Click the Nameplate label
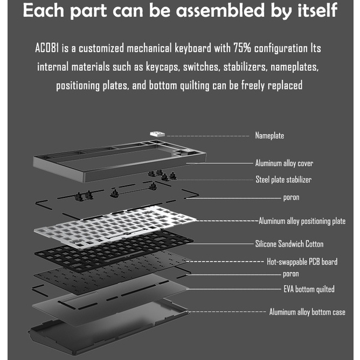pos(269,135)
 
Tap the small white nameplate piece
pos(157,134)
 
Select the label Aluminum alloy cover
pos(284,163)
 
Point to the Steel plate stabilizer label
pos(283,179)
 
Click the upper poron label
pos(291,197)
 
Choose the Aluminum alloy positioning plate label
pos(302,221)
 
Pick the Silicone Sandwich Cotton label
pos(289,244)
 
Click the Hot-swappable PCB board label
pos(302,262)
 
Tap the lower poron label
pos(291,274)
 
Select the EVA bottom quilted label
pos(309,289)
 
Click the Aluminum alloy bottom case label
pos(307,312)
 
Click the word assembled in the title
pos(220,10)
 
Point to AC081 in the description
pos(47,48)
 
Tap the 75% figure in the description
pos(243,48)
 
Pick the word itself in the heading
pos(317,10)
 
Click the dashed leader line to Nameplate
pos(208,136)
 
